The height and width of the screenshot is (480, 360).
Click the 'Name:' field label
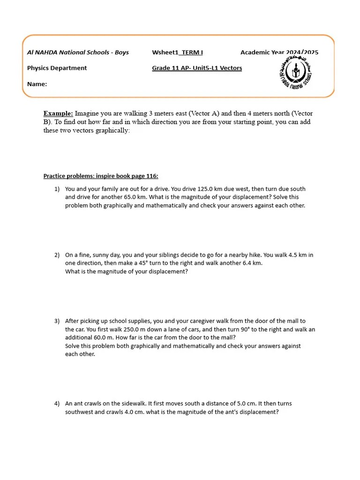(37, 84)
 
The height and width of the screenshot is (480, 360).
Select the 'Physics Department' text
(57, 68)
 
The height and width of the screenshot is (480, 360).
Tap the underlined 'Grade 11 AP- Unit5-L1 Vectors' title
(197, 68)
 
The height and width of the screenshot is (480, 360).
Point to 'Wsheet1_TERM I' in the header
(177, 52)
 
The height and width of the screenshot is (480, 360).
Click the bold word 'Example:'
(58, 113)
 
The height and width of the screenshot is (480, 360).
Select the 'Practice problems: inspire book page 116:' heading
(101, 176)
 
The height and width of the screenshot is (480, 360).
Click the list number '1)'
(57, 189)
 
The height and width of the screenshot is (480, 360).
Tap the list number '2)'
(57, 255)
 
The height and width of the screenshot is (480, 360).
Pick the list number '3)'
(57, 321)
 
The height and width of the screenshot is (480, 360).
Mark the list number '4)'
(57, 404)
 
